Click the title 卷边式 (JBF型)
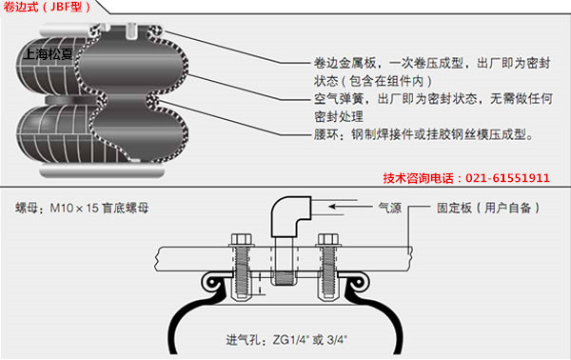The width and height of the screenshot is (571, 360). pos(48,8)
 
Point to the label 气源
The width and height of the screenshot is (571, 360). pos(392,205)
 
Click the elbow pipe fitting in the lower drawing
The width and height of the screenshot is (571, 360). pos(285,221)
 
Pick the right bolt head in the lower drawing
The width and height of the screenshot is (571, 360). pos(330,239)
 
